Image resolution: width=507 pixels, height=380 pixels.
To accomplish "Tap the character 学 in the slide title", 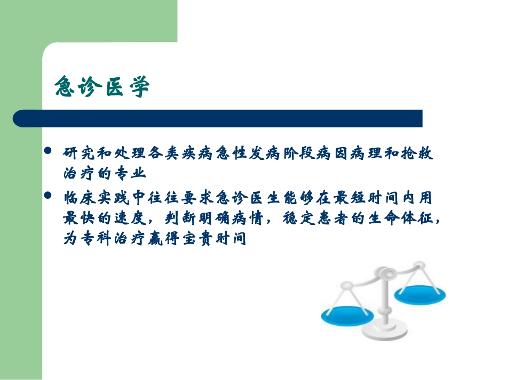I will click(139, 87).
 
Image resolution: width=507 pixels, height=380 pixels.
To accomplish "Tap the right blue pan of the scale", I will click(419, 293).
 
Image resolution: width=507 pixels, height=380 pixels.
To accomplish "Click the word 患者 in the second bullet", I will click(340, 219).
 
